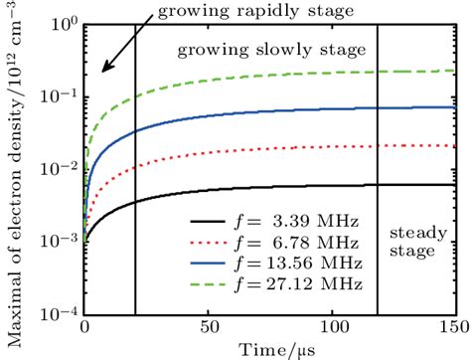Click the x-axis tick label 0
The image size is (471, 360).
tap(85, 326)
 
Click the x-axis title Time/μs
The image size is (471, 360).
tap(269, 348)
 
